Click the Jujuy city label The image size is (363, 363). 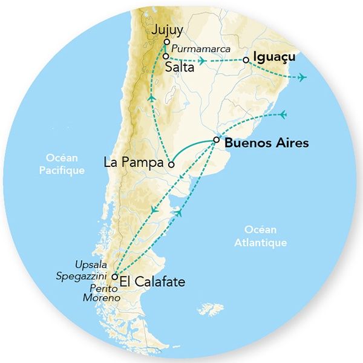166,30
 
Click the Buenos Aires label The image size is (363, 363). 266,143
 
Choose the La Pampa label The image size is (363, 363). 134,163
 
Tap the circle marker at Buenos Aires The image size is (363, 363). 216,141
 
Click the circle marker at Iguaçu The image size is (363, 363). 246,60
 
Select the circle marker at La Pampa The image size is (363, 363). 171,163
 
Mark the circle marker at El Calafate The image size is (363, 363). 114,276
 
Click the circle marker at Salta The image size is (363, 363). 165,56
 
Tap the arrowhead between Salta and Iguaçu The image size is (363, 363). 203,60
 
